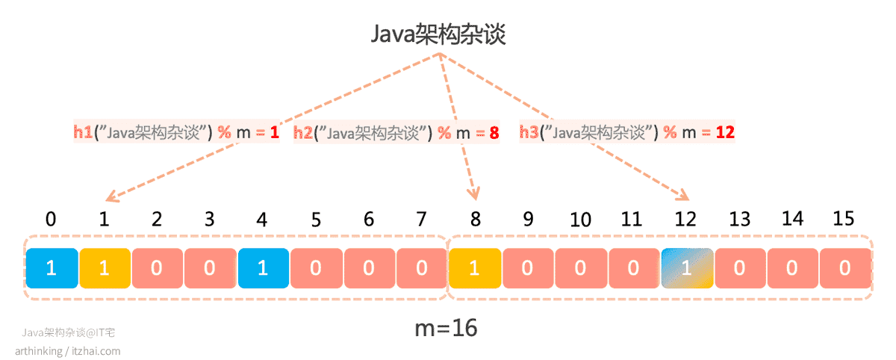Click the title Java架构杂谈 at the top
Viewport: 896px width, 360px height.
point(438,34)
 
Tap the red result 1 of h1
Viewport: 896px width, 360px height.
point(275,132)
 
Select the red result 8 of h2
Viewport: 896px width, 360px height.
point(494,133)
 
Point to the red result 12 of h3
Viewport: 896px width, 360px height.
point(725,132)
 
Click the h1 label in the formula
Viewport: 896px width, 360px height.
point(83,132)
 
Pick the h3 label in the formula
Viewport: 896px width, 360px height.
point(529,132)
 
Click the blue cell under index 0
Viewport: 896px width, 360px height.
point(52,268)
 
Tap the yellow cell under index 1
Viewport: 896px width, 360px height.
point(105,268)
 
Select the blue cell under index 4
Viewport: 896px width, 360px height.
point(264,268)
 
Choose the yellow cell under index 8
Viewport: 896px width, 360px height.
point(475,268)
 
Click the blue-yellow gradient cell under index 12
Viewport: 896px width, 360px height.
point(687,268)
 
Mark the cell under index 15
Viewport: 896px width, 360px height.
point(845,268)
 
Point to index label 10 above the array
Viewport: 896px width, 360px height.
point(580,220)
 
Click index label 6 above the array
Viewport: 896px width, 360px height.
point(369,219)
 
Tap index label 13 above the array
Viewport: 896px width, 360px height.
point(740,219)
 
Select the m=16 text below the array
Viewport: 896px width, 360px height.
point(446,329)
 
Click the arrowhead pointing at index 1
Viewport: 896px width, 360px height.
point(112,196)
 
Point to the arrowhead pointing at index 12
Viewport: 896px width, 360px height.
point(682,194)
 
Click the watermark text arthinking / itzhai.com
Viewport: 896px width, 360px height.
point(68,351)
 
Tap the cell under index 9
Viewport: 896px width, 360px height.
point(528,268)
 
